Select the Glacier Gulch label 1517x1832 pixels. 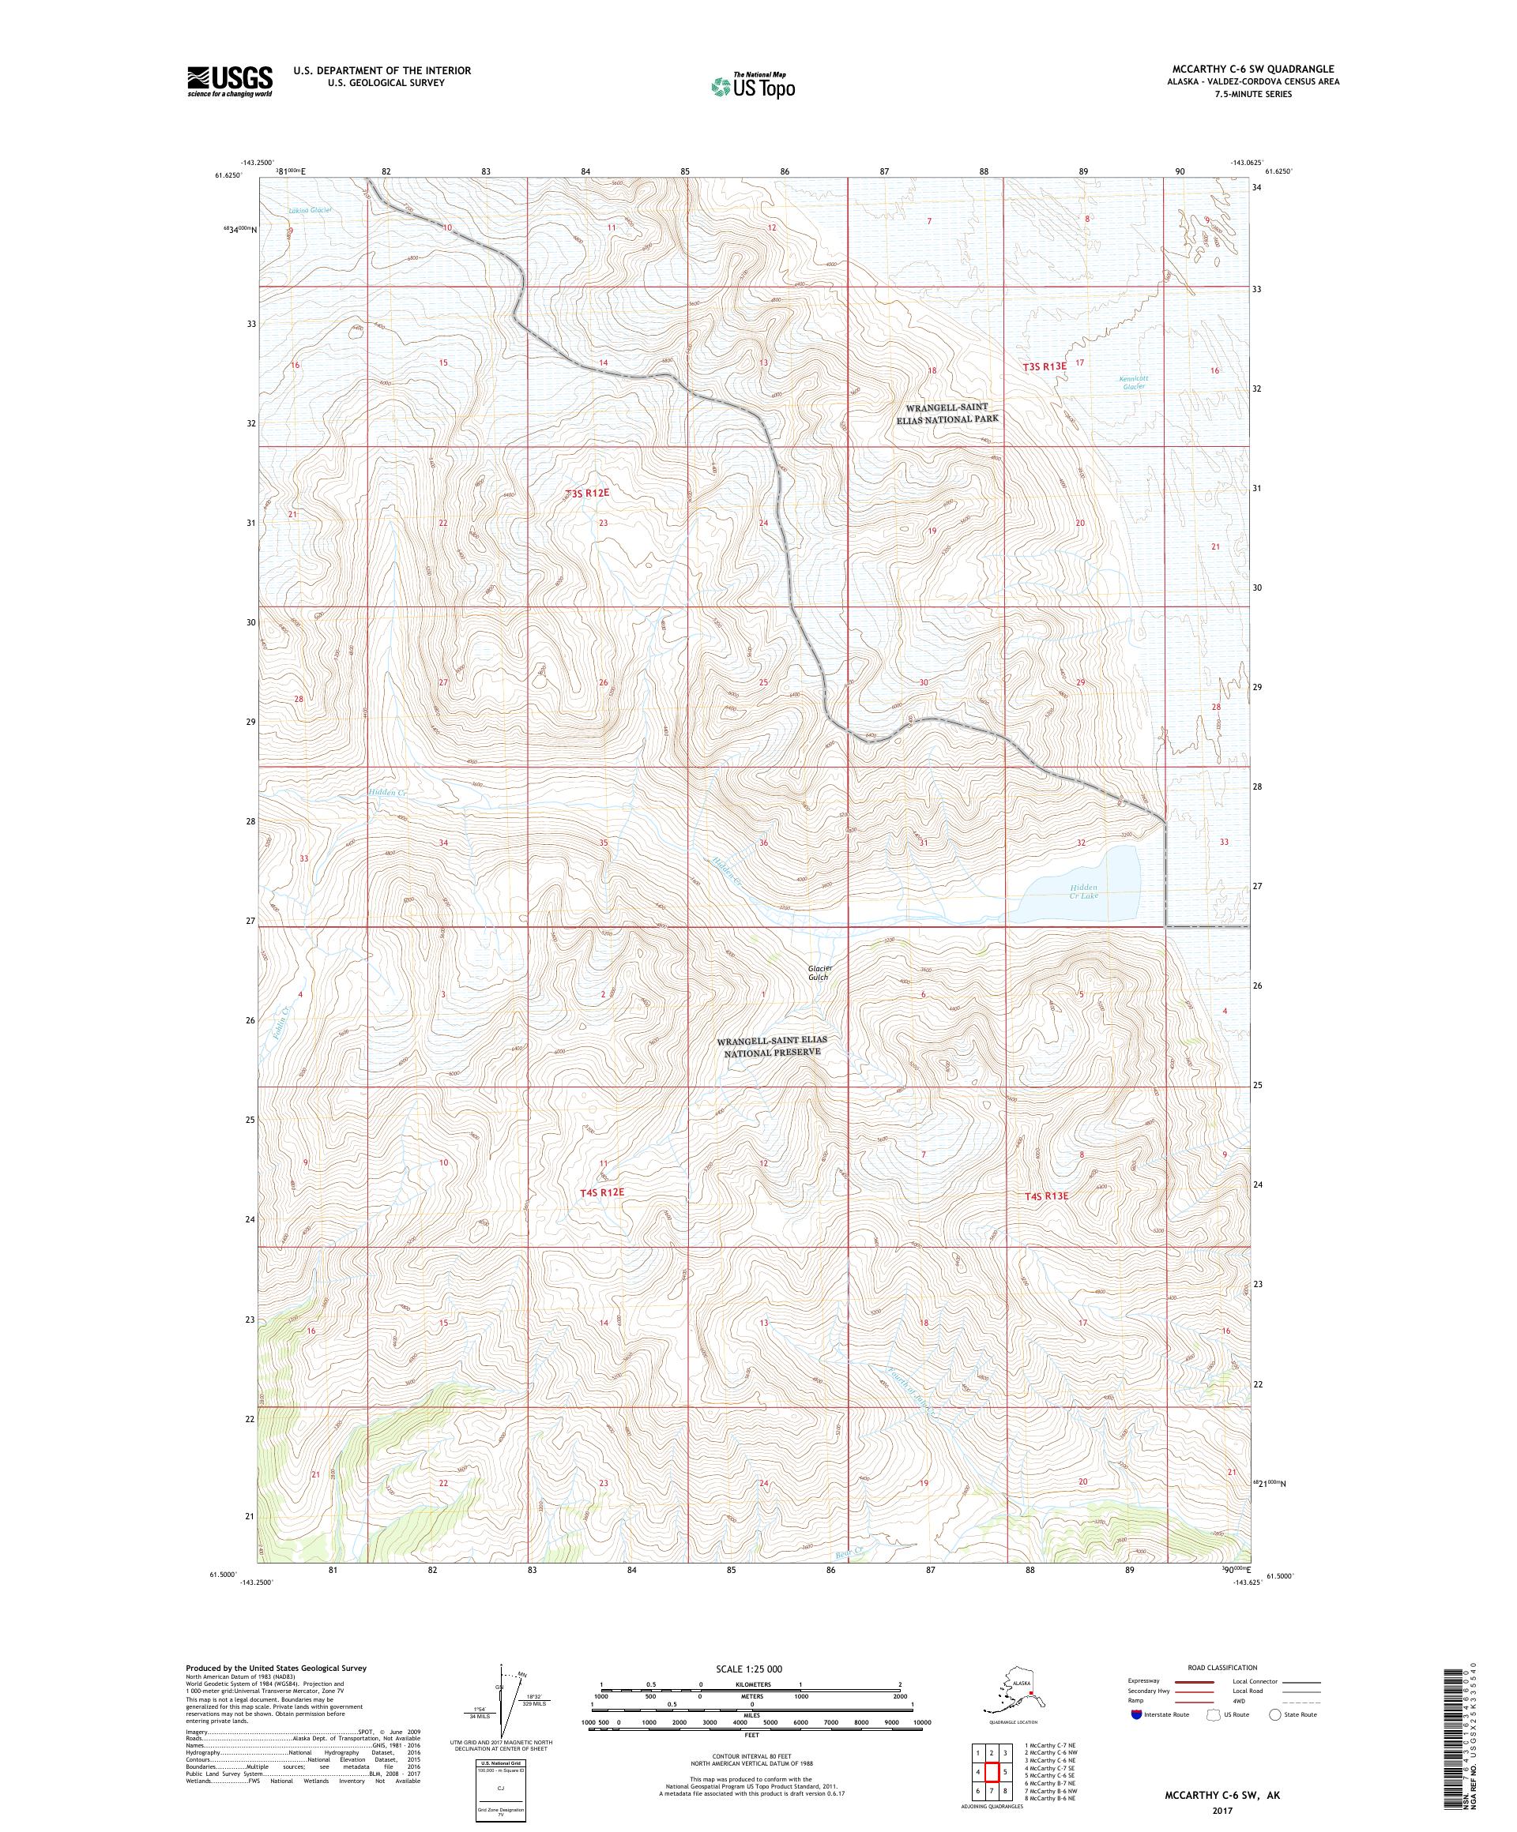tap(818, 973)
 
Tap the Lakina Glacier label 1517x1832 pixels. tap(311, 210)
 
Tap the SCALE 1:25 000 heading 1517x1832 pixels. tap(751, 1667)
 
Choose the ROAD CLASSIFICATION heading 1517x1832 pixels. tap(1220, 1667)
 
